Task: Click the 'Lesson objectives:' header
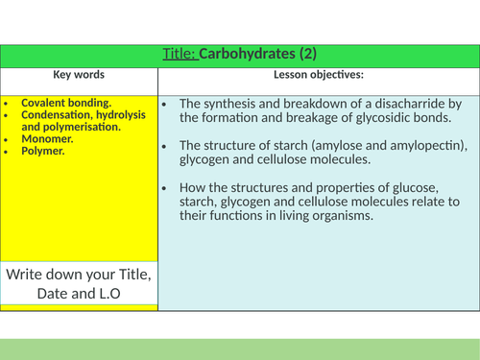[x=317, y=74]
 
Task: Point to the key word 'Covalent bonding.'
[x=65, y=103]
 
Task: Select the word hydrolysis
[x=116, y=114]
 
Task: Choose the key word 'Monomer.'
[x=47, y=137]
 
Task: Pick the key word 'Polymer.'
[x=44, y=149]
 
